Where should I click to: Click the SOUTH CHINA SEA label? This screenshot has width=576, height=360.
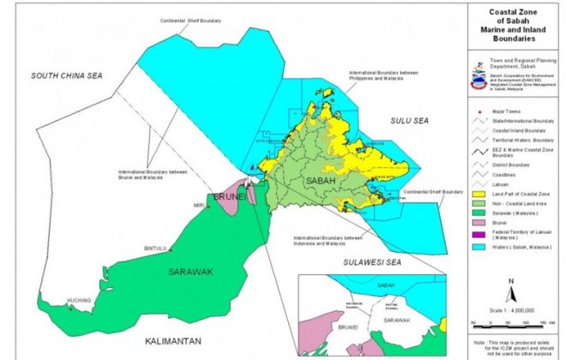click(66, 76)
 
